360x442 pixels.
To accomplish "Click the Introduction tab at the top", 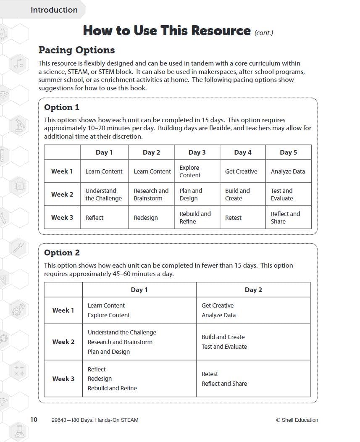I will pos(54,10).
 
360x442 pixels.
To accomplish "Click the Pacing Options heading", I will pos(76,50).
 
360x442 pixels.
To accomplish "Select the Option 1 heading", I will pos(62,107).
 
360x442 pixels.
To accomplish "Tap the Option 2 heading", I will pos(62,253).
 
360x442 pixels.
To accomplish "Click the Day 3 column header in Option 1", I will pos(197,153).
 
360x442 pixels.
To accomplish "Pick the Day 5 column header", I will pos(288,153).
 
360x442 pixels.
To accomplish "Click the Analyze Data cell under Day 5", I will pos(288,171).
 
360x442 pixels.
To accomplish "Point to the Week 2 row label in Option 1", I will pos(62,195).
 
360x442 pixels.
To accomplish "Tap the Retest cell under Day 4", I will pos(233,218).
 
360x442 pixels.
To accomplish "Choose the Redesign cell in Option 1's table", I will pos(146,218).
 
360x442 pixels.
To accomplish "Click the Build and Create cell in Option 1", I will pos(237,195).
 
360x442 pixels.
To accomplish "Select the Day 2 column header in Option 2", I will pos(253,289).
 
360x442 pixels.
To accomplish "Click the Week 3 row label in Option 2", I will pos(63,379).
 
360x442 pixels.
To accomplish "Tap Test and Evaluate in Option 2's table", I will pos(224,347).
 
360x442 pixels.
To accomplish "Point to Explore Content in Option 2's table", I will pos(109,315).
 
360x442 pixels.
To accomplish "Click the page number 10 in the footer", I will pos(34,419).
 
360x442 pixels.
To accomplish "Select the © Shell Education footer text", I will pos(297,420).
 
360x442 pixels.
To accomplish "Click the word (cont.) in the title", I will pos(264,33).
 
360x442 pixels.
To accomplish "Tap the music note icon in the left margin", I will pos(19,64).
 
